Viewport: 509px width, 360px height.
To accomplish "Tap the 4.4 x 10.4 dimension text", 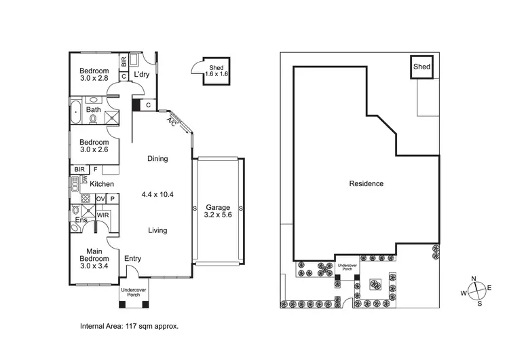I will point(157,194).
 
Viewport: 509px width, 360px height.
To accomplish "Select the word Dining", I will point(157,159).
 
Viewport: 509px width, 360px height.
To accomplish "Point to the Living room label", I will point(157,230).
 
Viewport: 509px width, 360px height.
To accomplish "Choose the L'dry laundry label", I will point(142,74).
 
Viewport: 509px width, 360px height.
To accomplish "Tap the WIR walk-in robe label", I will point(102,215).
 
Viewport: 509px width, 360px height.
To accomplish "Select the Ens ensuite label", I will point(81,220).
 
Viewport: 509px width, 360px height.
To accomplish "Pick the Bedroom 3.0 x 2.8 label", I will point(94,75).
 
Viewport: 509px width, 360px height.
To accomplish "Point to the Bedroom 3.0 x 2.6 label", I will point(94,146).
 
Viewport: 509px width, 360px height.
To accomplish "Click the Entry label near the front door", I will point(133,258).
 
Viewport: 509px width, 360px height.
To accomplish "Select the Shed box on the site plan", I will point(422,67).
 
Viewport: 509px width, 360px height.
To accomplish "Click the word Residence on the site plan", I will point(366,183).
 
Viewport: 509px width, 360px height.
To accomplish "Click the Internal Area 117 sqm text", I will point(130,326).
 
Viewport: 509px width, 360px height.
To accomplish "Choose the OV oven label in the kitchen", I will point(100,198).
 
